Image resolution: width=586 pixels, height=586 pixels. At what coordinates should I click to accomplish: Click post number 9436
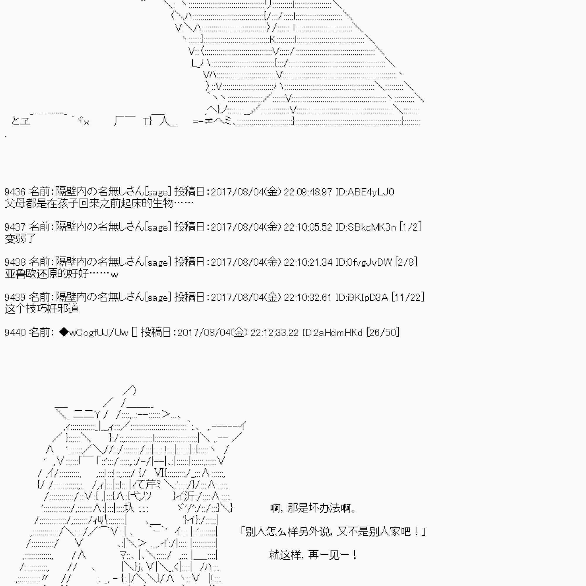coord(15,192)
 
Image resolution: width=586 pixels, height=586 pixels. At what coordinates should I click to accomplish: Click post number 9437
coord(15,227)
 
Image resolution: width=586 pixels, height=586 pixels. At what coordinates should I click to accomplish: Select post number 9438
coord(15,262)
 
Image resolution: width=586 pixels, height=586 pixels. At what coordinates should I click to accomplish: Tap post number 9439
coord(15,297)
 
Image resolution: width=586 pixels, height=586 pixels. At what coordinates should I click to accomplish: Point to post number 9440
coord(15,332)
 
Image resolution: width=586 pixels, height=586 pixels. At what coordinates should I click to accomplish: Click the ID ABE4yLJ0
coord(365,192)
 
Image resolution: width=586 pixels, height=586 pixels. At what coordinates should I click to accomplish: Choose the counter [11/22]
coord(408,297)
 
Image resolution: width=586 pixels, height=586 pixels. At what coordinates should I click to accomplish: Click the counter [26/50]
coord(383,332)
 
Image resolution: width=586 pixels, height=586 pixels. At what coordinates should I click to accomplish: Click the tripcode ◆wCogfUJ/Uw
coord(94,333)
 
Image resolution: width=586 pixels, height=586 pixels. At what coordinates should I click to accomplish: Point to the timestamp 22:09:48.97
coord(308,192)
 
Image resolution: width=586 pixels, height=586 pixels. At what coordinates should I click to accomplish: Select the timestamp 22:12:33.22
coord(275,332)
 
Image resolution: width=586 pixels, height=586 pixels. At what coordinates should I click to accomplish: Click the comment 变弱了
coord(20,239)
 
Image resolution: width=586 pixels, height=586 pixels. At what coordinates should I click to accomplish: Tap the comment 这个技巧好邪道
coord(42,309)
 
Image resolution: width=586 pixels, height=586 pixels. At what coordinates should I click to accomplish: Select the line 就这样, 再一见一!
coord(313,555)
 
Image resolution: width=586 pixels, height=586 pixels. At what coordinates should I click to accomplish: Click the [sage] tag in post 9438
coord(158,262)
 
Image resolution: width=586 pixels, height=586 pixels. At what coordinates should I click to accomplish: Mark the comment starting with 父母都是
coord(99,204)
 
